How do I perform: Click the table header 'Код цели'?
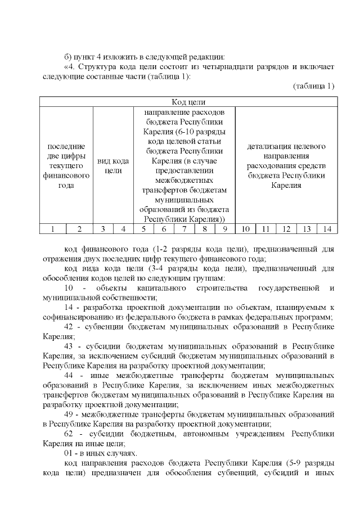188,102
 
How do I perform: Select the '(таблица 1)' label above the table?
313,85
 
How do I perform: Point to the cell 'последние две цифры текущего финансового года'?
66,166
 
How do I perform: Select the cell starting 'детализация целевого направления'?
286,166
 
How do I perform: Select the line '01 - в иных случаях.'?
96,453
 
